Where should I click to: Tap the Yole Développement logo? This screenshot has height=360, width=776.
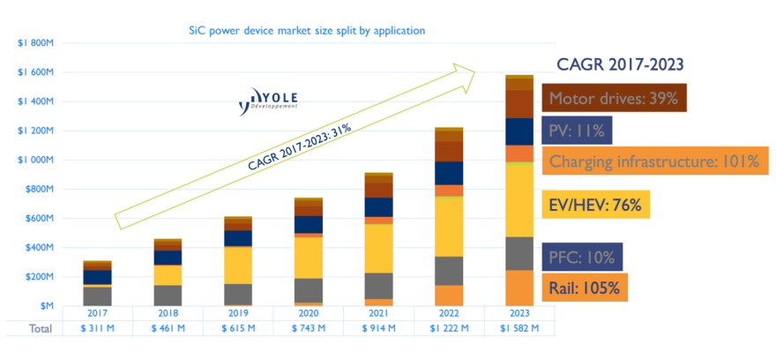pos(269,102)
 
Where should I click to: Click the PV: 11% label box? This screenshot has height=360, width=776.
pos(576,131)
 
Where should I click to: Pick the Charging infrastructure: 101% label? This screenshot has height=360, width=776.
pos(653,161)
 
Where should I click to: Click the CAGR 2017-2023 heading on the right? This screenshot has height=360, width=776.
pos(621,64)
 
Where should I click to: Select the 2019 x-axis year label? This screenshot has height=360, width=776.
pos(238,312)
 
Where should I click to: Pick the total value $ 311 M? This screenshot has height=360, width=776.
pos(97,329)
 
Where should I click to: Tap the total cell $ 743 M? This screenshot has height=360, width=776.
pos(309,329)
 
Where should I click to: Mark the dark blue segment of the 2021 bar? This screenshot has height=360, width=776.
pos(379,206)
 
